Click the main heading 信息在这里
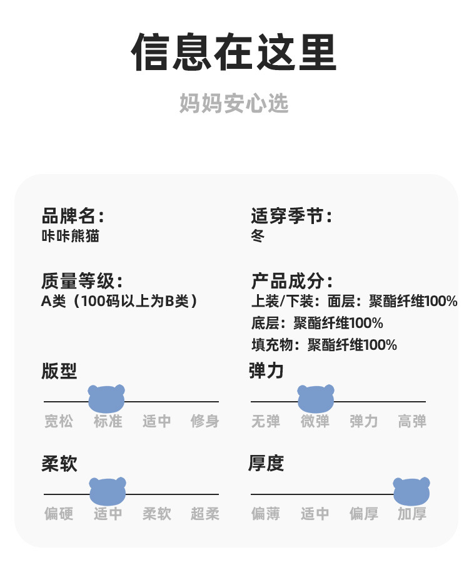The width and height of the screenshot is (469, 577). pyautogui.click(x=234, y=53)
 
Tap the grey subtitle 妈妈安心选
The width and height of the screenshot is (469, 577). pyautogui.click(x=234, y=103)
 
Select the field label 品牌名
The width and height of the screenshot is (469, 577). pyautogui.click(x=72, y=217)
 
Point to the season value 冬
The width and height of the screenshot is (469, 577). pyautogui.click(x=258, y=236)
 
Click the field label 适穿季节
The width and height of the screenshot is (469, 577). pyautogui.click(x=291, y=217)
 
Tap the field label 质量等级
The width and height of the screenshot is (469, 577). pyautogui.click(x=81, y=280)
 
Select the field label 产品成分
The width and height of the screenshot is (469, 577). pyautogui.click(x=291, y=280)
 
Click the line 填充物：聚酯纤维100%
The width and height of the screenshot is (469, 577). pyautogui.click(x=324, y=344)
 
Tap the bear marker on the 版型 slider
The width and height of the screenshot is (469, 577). pyautogui.click(x=107, y=399)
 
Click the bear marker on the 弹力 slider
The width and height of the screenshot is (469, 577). pyautogui.click(x=316, y=399)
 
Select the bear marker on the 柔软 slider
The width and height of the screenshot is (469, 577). pyautogui.click(x=108, y=491)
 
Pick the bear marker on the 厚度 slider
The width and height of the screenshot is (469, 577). pyautogui.click(x=411, y=491)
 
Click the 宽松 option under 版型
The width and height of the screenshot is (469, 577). pyautogui.click(x=59, y=421)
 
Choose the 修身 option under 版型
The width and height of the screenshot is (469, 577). pyautogui.click(x=204, y=421)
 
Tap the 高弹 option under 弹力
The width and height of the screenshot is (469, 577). pyautogui.click(x=412, y=421)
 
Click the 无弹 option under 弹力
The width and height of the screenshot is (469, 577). pyautogui.click(x=266, y=421)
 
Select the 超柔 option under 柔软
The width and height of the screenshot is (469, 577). pyautogui.click(x=204, y=514)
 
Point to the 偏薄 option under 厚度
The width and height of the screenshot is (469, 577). pyautogui.click(x=266, y=514)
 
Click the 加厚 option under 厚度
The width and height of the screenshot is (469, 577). pyautogui.click(x=412, y=514)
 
